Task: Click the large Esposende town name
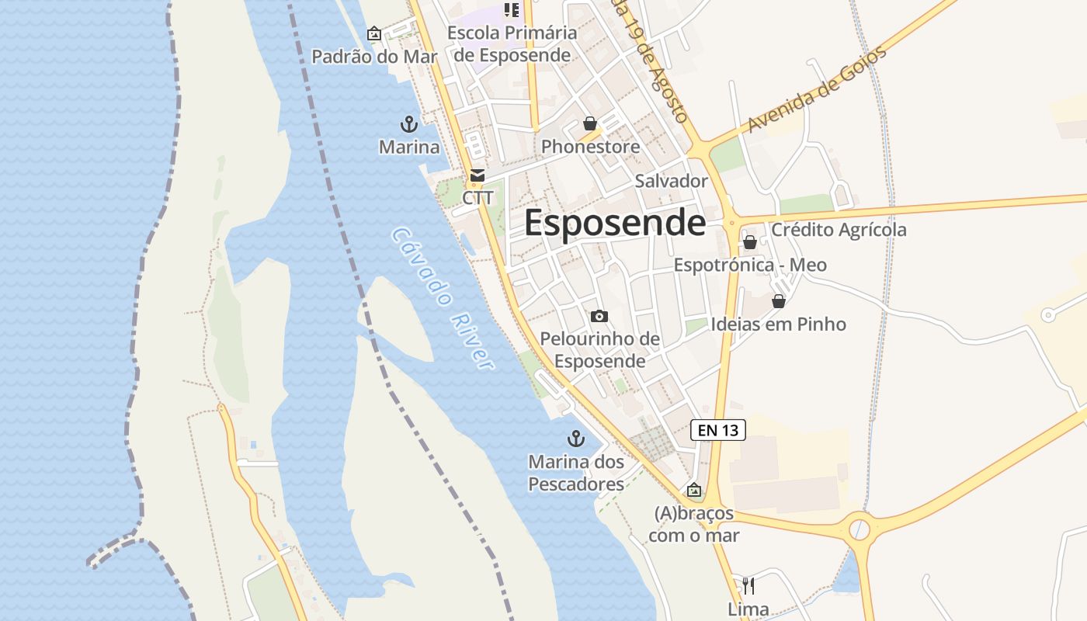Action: [x=615, y=223]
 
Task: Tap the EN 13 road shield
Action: [x=717, y=429]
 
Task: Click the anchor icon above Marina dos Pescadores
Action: [x=575, y=439]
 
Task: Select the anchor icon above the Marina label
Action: [x=408, y=123]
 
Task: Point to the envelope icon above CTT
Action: [x=477, y=176]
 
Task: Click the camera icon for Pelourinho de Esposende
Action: [x=599, y=316]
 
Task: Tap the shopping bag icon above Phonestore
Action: [x=590, y=123]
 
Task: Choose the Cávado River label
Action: [x=443, y=298]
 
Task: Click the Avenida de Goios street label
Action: [x=817, y=90]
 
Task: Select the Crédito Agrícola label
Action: [x=839, y=230]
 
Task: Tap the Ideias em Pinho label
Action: [x=778, y=324]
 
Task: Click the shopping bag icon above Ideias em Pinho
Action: [x=779, y=301]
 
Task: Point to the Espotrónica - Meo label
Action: [x=750, y=265]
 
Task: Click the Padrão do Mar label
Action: [x=374, y=57]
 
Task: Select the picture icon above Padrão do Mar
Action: [x=373, y=34]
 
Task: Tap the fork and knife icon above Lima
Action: [x=748, y=585]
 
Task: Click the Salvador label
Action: [x=671, y=181]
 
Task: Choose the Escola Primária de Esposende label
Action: [x=512, y=44]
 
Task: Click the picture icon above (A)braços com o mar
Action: [x=694, y=491]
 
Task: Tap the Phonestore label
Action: [x=590, y=146]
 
